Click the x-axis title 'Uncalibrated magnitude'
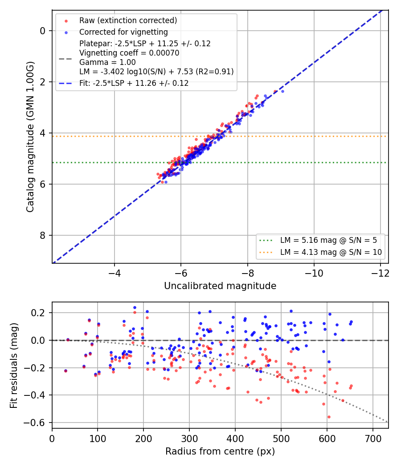tap(220, 286)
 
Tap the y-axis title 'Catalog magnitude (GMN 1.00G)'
tap(30, 137)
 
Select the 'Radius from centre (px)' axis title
tap(220, 451)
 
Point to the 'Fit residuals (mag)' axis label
tap(14, 366)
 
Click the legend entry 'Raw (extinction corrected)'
tap(128, 20)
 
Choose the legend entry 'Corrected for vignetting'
tap(123, 32)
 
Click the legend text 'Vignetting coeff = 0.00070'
tap(129, 53)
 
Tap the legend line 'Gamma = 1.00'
tap(107, 62)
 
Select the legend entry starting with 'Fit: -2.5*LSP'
tap(134, 83)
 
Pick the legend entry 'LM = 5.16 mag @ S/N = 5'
tap(328, 240)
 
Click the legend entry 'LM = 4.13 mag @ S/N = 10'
tap(331, 252)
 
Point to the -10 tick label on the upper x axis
tap(314, 273)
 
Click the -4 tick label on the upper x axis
tap(114, 273)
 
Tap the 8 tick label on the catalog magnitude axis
tap(43, 235)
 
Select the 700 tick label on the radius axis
tap(373, 439)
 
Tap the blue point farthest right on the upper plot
tap(282, 92)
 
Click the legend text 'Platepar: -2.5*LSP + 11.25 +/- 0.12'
tap(145, 44)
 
